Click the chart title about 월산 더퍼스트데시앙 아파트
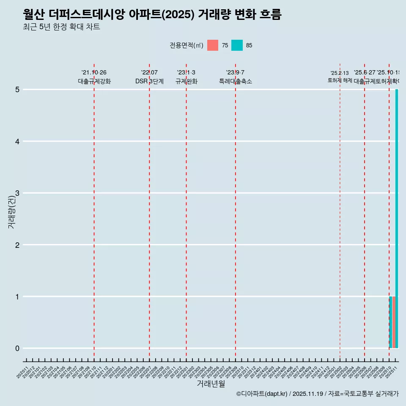(x=152, y=14)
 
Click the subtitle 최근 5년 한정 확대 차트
(x=61, y=27)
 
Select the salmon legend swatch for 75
(x=213, y=45)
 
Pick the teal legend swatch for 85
(x=237, y=45)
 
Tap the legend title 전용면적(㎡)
(x=186, y=45)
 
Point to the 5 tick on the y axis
(x=17, y=90)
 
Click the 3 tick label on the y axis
(x=17, y=193)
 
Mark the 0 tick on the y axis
(x=17, y=348)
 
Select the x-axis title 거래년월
(x=211, y=384)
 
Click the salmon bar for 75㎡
(x=394, y=322)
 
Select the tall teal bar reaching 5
(x=397, y=219)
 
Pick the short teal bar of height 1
(x=390, y=322)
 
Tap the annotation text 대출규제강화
(x=94, y=81)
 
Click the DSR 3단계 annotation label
(x=149, y=81)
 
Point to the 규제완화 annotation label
(x=186, y=81)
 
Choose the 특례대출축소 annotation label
(x=235, y=81)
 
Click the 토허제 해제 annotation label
(x=340, y=80)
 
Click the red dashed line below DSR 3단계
(x=149, y=211)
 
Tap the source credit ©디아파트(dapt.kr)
(x=262, y=394)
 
